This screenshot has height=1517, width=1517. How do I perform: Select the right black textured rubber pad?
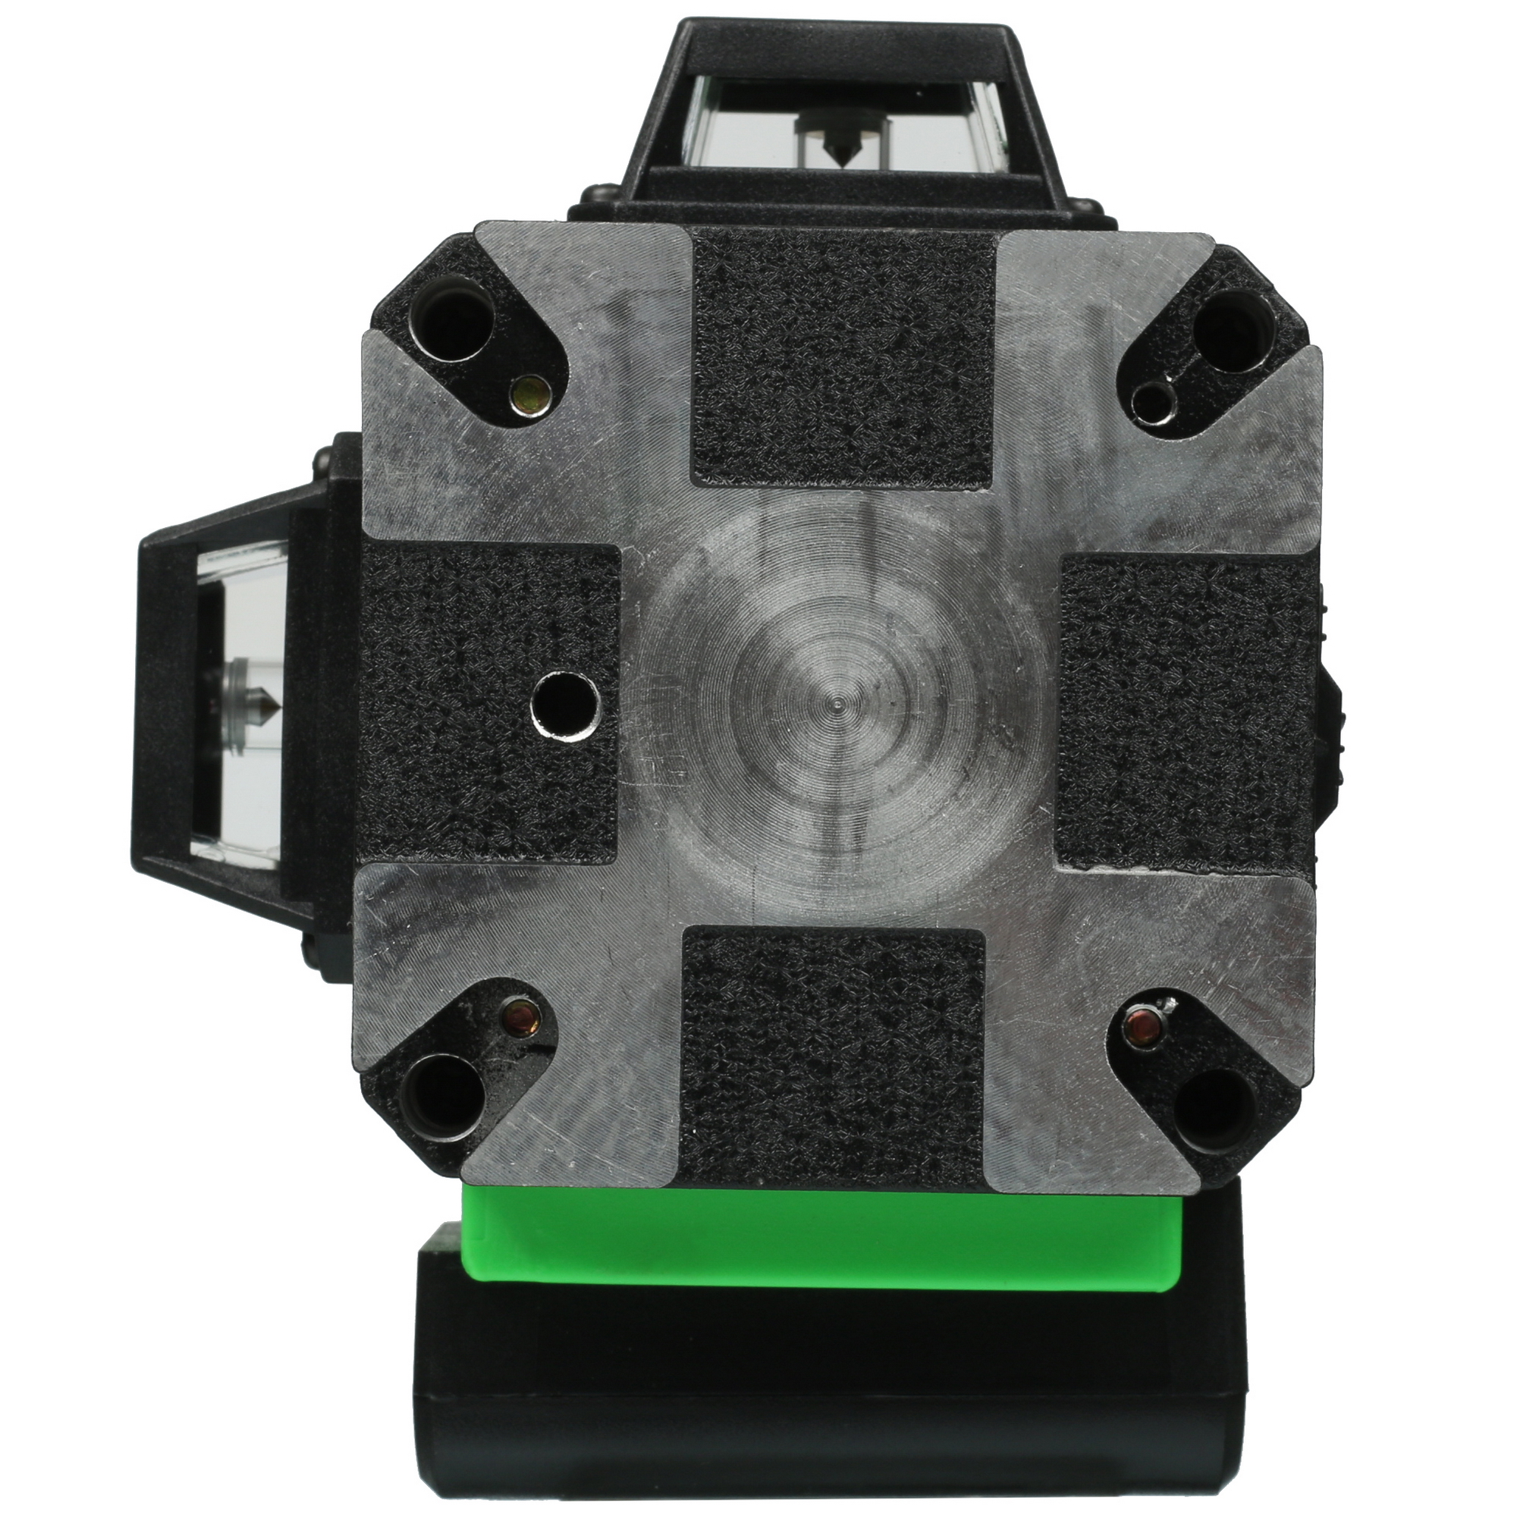tap(1186, 711)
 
